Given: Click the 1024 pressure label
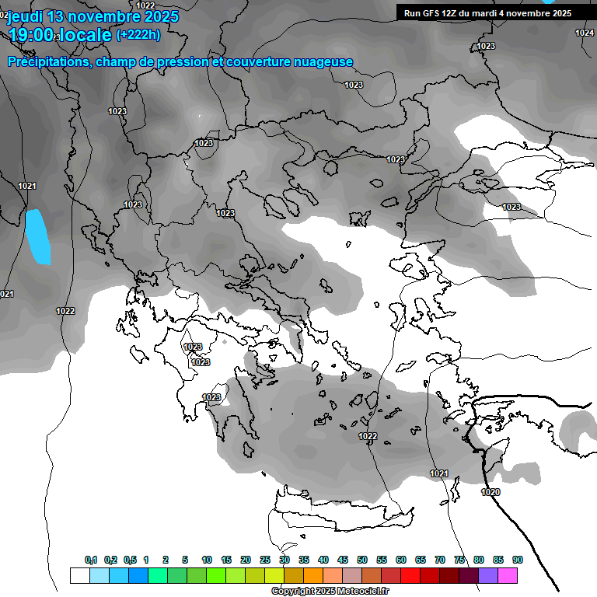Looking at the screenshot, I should [585, 33].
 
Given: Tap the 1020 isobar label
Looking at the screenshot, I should [491, 492].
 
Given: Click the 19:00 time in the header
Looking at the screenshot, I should [31, 35].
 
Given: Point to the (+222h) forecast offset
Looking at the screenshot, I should [138, 34].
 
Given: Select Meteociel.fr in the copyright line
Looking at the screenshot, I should [363, 592].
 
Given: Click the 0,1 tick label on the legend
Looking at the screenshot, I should [91, 560].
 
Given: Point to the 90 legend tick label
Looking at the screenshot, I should [518, 560].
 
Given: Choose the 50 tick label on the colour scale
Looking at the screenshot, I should [362, 560].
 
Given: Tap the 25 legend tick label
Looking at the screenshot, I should [265, 560].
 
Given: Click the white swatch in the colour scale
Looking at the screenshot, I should [79, 575].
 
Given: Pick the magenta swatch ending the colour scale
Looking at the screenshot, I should [508, 575].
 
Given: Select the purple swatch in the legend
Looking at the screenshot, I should [488, 575].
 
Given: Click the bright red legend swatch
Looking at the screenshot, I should [410, 575].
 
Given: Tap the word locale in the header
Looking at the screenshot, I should [86, 35].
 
